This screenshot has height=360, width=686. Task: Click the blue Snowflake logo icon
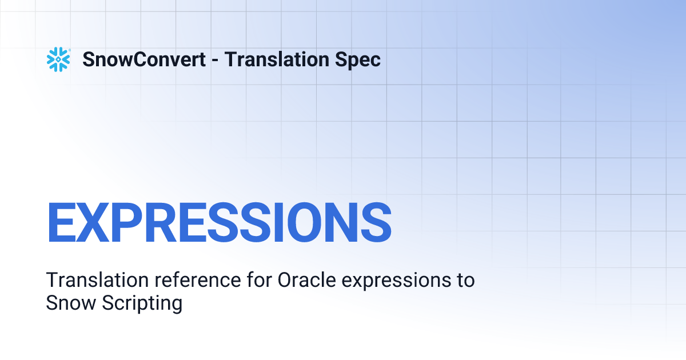pos(58,59)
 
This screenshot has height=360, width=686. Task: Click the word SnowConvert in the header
pos(144,59)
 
